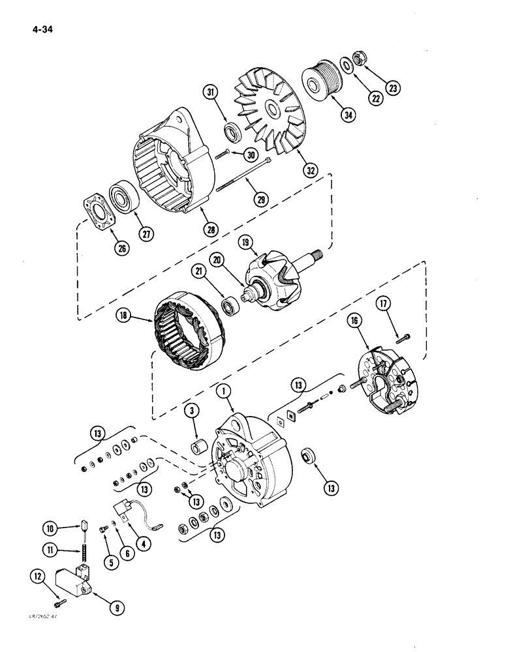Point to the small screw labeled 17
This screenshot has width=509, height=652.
click(x=402, y=336)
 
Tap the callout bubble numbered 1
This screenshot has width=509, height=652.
click(x=223, y=391)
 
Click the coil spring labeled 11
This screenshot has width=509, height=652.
click(x=83, y=552)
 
